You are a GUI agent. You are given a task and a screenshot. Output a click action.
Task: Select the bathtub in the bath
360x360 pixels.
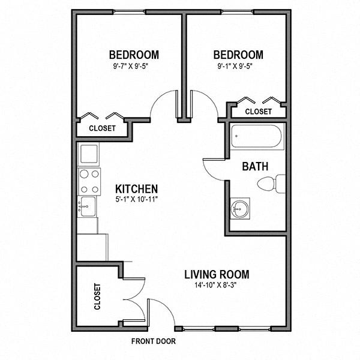pos(256,139)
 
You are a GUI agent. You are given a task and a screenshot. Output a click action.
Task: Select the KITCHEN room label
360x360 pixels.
pos(136,188)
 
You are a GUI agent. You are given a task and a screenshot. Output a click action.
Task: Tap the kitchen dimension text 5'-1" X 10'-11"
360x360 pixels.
pos(136,199)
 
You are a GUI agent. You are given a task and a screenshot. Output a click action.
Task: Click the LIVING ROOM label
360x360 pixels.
pos(216,275)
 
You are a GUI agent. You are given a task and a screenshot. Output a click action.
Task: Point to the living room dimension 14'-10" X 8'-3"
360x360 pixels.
pos(216,286)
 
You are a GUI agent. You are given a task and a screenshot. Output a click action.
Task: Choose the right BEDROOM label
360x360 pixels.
pos(238,54)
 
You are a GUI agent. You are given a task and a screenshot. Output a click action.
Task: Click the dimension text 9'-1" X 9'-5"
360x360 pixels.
pos(238,66)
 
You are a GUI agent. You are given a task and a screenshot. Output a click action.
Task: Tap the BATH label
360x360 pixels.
pos(255,166)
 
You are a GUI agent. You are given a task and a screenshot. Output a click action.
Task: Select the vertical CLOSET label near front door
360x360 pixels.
pos(97,297)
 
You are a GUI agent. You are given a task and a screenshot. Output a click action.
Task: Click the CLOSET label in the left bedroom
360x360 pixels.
pos(102,128)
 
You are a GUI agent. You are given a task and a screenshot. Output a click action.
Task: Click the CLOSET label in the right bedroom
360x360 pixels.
pos(259,112)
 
